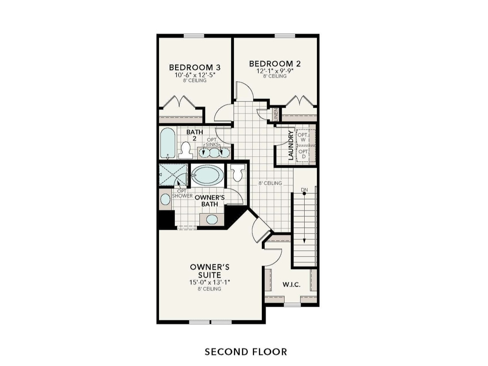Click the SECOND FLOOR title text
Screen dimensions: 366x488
click(246, 352)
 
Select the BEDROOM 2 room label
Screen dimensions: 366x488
click(275, 64)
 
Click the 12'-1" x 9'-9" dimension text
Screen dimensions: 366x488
click(275, 71)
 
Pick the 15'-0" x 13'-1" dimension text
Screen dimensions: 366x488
click(210, 282)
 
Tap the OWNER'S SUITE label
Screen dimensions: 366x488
click(210, 271)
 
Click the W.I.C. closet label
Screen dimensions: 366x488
click(291, 285)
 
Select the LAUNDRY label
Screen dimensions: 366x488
click(291, 145)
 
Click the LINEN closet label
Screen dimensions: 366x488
click(276, 114)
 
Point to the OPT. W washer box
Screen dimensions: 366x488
click(303, 137)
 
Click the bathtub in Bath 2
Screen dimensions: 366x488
click(168, 143)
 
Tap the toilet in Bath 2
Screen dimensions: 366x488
click(186, 151)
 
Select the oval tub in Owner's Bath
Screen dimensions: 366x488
click(208, 175)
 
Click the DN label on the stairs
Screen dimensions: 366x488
click(304, 190)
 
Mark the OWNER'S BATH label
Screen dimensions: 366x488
click(209, 201)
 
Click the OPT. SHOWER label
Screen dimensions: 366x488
click(183, 193)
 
